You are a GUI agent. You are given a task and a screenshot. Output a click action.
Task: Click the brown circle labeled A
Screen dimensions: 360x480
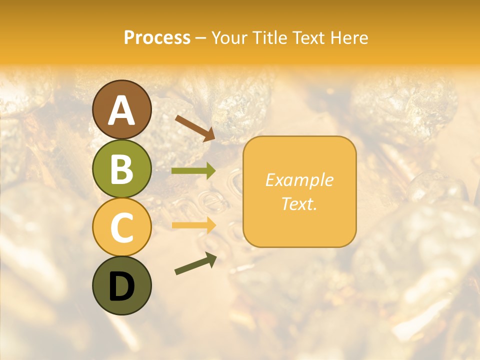coord(121,109)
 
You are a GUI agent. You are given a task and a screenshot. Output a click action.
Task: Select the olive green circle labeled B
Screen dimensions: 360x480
coord(121,168)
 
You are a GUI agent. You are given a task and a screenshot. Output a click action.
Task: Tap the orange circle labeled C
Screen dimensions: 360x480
coord(121,227)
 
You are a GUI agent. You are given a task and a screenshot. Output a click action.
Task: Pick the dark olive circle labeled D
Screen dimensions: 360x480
coord(121,285)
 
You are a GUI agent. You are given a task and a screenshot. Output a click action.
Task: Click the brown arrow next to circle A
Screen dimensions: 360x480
coord(195,127)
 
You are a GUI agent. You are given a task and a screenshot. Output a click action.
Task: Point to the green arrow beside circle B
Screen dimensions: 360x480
coord(193,171)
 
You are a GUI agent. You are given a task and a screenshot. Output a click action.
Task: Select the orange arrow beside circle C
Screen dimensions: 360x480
coord(193,225)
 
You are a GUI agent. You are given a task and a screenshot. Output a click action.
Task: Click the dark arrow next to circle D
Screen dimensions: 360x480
coord(195,263)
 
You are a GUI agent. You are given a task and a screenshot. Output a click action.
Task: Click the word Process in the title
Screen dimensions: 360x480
coord(157,37)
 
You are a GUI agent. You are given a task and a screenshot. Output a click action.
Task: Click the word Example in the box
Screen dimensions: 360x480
coord(299,180)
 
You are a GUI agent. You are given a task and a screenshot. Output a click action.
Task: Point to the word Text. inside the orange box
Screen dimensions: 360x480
coord(299,203)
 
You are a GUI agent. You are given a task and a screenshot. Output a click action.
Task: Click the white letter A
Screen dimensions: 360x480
coord(121,110)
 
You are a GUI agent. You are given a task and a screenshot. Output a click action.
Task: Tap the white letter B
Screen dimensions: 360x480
coord(121,169)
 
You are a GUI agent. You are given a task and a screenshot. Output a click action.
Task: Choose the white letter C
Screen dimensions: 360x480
coord(121,227)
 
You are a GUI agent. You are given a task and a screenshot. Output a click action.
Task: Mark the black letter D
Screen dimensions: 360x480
coord(121,286)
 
